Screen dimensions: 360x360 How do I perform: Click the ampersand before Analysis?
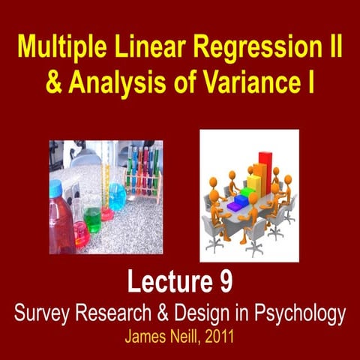pos(35,82)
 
